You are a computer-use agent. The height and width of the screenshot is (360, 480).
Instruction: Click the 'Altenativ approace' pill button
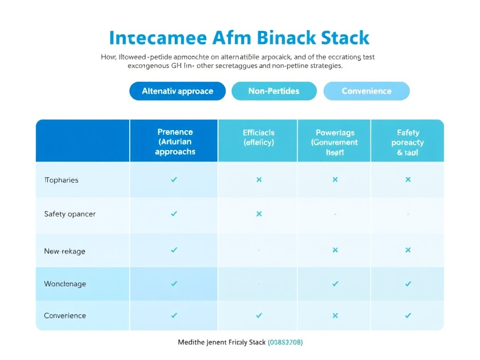[177, 91]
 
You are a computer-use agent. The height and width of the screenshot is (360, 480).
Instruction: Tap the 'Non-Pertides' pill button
[274, 91]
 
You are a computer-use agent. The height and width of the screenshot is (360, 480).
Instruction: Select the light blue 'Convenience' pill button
[366, 91]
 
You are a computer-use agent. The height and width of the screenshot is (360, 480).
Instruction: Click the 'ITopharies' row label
[61, 180]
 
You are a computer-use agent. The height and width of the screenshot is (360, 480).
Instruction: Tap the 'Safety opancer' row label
[70, 214]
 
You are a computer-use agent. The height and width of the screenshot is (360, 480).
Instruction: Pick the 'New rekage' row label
[65, 251]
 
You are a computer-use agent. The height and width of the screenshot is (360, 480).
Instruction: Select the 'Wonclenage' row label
[65, 284]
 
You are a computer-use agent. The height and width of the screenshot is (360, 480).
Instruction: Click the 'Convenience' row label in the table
[65, 315]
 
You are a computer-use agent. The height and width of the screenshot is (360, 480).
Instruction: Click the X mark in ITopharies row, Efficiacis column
[259, 180]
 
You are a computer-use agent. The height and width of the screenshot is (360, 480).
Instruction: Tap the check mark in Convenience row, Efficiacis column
[259, 315]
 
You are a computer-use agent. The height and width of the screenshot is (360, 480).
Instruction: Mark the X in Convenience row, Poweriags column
[335, 315]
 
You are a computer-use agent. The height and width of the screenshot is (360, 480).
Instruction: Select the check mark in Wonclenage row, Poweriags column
[335, 284]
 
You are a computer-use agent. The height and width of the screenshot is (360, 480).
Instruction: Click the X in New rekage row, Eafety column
[408, 250]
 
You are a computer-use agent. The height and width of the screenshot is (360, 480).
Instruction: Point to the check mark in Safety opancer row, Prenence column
[174, 214]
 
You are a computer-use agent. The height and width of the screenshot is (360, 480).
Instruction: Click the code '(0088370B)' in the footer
[285, 343]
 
